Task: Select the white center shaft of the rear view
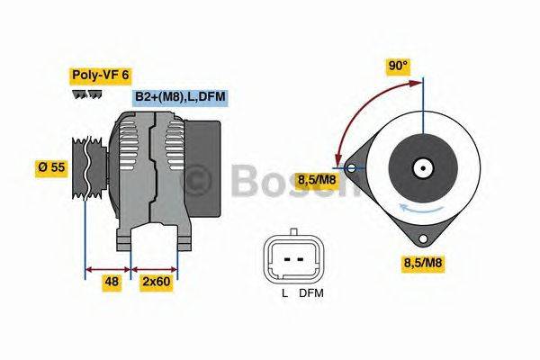[x=421, y=167]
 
